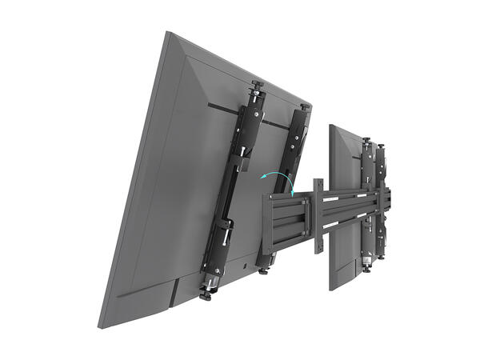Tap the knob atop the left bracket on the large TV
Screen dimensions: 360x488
tap(258, 85)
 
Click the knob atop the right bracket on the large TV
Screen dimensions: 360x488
tap(306, 106)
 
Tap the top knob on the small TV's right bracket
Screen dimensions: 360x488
tap(382, 146)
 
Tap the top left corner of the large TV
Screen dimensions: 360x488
tap(168, 33)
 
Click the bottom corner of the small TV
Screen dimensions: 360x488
tap(331, 289)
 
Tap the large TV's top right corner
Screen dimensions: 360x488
tap(310, 106)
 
